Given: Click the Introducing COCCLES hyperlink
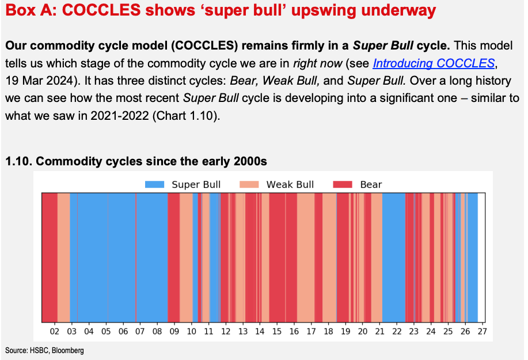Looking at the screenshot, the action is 434,63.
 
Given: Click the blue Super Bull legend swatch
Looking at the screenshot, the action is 154,184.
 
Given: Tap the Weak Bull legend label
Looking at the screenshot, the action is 290,184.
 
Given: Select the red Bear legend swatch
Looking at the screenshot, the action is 343,184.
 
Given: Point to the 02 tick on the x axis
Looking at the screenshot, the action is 55,332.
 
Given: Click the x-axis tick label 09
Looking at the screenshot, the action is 174,332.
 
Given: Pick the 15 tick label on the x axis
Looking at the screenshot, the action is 277,332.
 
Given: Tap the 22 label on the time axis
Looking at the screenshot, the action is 397,332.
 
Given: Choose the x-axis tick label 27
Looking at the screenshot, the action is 482,332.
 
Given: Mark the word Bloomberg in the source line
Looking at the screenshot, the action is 68,351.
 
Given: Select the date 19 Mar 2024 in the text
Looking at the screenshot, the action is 39,81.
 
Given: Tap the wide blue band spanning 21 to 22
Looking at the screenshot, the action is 394,257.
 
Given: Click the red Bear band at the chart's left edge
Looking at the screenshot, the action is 50,257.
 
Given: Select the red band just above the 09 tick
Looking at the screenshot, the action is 174,257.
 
